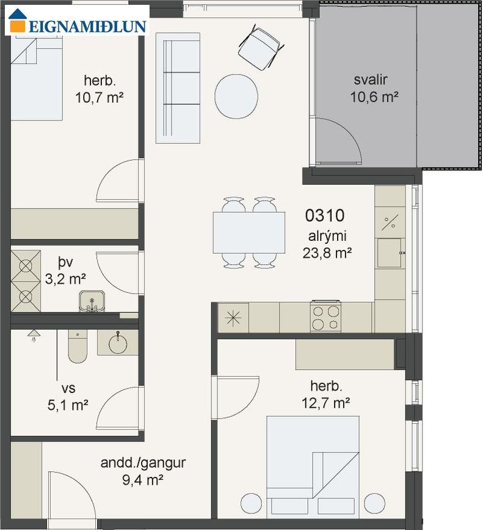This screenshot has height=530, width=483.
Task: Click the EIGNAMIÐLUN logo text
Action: coord(87,26)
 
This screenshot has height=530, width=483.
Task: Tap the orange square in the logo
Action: coord(18,26)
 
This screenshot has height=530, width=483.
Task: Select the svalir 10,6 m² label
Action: coord(374,88)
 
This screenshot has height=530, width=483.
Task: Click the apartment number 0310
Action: coord(325,216)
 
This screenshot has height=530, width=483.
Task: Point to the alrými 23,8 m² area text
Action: coord(327,245)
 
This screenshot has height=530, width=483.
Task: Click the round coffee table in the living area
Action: coord(236,97)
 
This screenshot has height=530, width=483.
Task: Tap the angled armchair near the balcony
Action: coord(261,48)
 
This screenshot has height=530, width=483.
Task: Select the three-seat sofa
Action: coord(178,88)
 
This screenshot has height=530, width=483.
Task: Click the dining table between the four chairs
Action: coord(249,232)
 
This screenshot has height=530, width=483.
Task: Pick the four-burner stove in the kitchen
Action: coord(325,317)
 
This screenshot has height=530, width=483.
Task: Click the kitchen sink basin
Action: coord(389,253)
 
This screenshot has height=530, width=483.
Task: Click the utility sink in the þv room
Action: coord(92,301)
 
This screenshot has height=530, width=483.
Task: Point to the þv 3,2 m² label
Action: coord(65,270)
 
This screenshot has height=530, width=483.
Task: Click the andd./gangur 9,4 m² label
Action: coord(143,471)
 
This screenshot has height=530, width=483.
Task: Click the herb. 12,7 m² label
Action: coord(325,394)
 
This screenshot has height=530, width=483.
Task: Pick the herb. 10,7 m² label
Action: coord(100,89)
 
